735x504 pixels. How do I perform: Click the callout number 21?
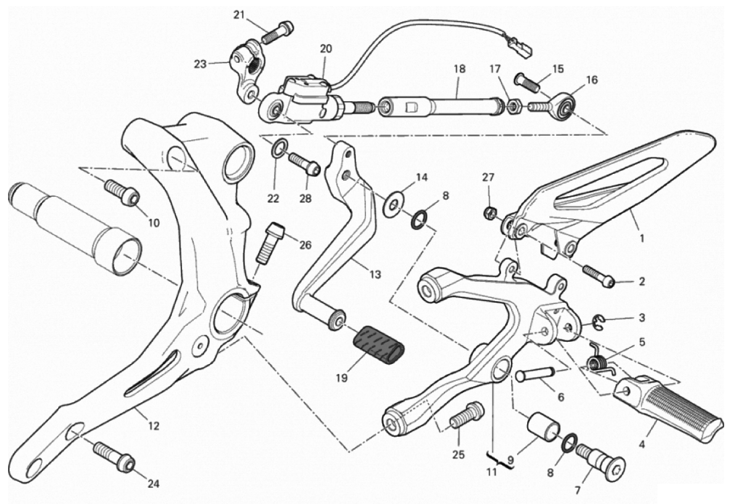(239, 15)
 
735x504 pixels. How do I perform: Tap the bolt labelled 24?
(113, 455)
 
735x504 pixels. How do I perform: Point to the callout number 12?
(153, 425)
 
